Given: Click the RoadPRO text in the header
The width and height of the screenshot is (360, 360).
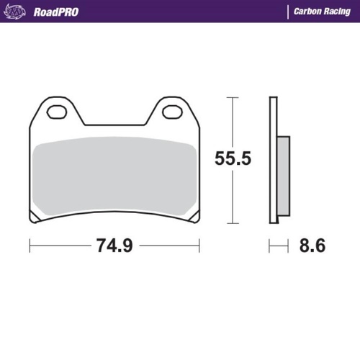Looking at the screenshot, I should [56, 12].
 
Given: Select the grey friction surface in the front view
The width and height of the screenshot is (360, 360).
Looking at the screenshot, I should [115, 176].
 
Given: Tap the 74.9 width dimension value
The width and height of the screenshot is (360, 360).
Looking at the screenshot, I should [115, 246].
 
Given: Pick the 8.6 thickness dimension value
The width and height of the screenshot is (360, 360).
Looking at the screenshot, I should [311, 246].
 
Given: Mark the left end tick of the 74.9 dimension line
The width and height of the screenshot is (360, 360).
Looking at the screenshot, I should [30, 246].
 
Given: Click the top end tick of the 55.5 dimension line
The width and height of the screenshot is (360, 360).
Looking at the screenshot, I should [232, 96].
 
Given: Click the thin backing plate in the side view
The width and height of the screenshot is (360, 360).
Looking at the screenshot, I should [273, 159].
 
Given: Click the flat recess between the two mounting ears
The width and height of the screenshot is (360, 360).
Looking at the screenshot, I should [115, 123].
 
